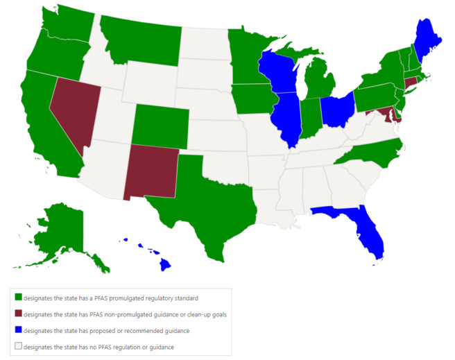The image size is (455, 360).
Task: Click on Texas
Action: point(201,198)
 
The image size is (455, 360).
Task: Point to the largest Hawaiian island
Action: point(165,264)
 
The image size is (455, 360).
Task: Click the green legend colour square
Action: point(17,298)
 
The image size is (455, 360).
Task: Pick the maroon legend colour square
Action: point(17,314)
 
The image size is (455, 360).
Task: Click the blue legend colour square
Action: point(17,330)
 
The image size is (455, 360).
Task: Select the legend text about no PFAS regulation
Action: point(98,347)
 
